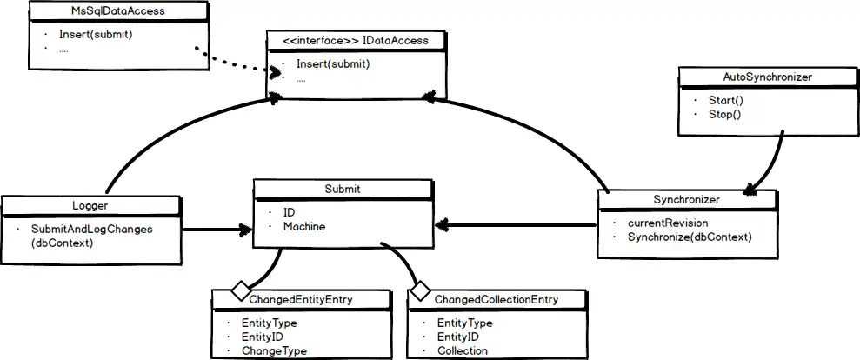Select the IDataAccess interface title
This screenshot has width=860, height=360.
pos(356,40)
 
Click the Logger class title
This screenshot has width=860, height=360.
pos(90,205)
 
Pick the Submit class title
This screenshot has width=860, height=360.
pos(342,189)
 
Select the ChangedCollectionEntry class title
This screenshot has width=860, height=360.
pos(497,300)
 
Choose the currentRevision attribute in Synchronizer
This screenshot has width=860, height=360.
pos(668,223)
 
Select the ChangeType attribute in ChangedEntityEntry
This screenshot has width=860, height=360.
pos(274,351)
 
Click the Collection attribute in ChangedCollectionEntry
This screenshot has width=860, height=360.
pos(462,351)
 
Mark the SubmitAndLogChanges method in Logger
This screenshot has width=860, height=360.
pos(92,229)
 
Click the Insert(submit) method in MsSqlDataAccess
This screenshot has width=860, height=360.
pos(96,35)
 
